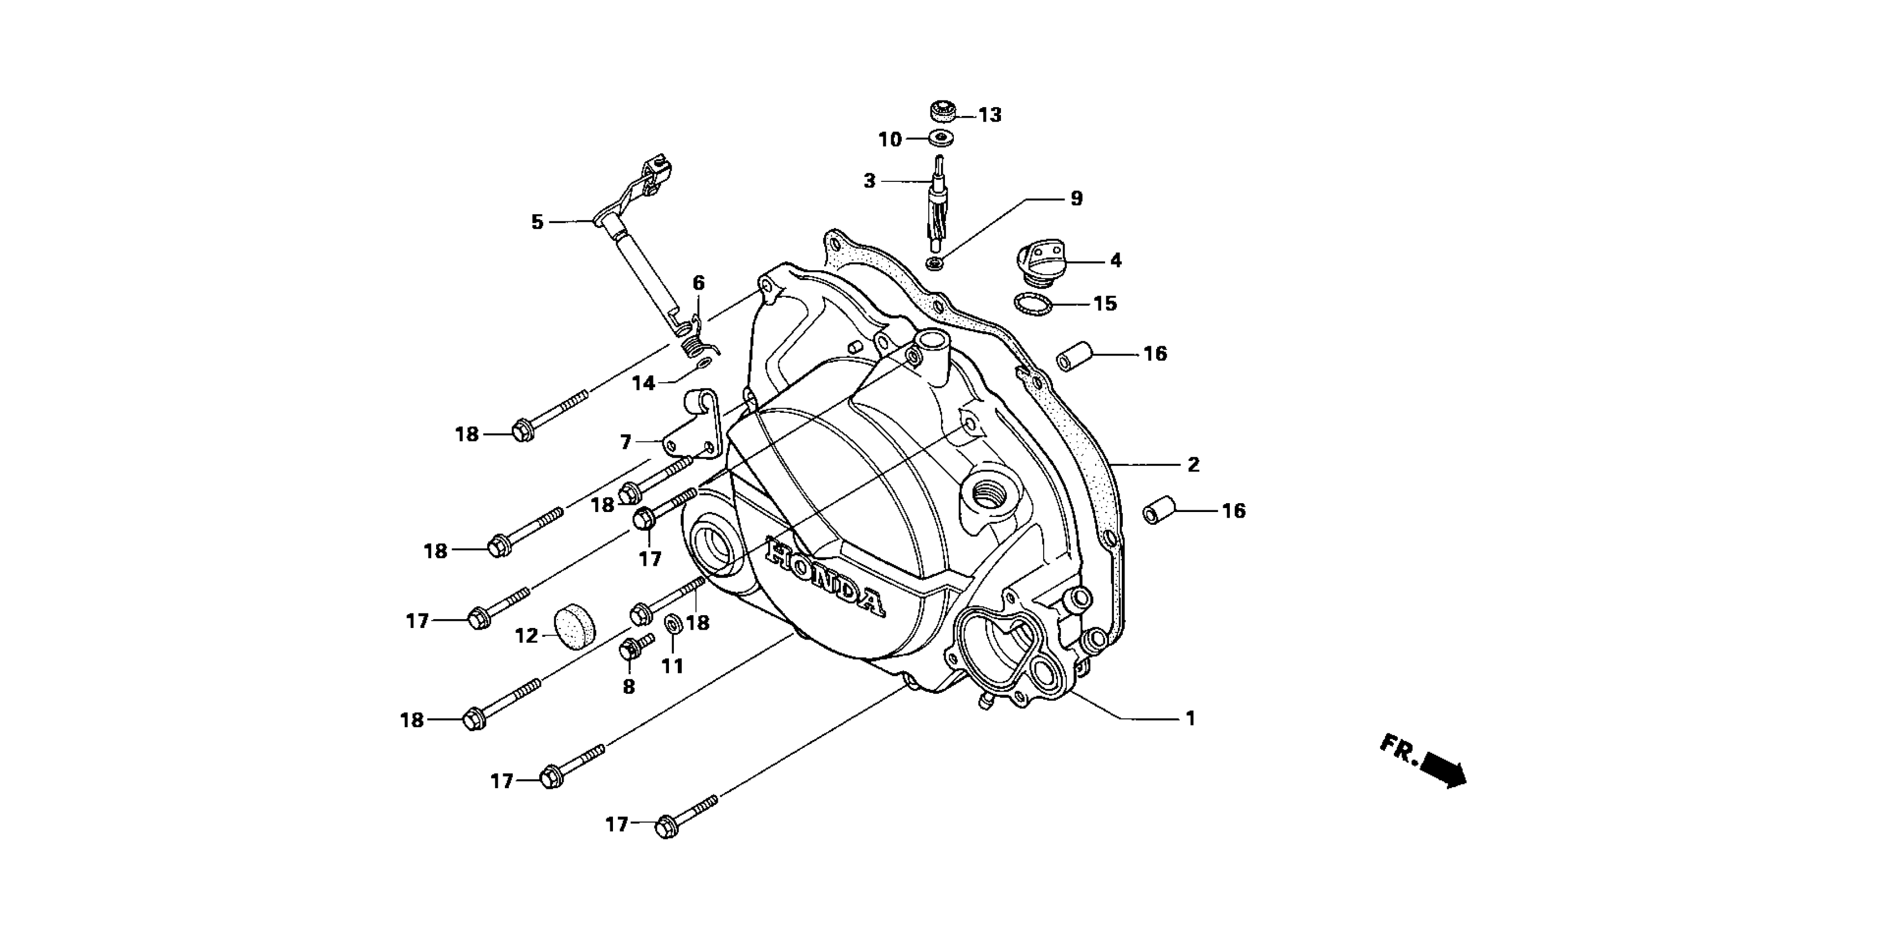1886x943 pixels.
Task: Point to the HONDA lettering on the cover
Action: (x=824, y=577)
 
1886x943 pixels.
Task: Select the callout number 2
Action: (x=1193, y=464)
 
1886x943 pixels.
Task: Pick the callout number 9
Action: (x=1076, y=198)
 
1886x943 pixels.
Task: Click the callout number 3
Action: (x=869, y=180)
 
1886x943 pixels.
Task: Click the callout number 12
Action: (x=527, y=636)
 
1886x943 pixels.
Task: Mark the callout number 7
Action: (x=625, y=442)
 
